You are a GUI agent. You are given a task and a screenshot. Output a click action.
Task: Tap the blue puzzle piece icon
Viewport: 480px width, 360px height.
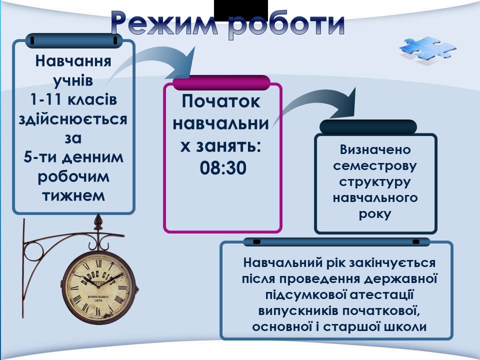[x=427, y=48]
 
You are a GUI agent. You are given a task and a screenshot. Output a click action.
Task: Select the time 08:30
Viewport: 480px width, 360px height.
[x=223, y=168]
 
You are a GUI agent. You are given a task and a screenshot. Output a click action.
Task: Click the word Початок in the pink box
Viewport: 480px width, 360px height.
[x=221, y=101]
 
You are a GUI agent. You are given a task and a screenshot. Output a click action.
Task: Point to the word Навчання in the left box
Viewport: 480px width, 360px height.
[x=73, y=61]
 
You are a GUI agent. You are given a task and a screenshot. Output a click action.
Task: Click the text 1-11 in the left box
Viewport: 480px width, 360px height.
[x=45, y=99]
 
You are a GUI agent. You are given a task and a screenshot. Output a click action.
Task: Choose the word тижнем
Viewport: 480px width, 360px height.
[x=73, y=196]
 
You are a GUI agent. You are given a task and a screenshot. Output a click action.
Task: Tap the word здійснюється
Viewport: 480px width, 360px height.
[x=73, y=119]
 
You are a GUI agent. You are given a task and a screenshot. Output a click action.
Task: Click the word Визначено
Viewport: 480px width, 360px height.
[x=375, y=149]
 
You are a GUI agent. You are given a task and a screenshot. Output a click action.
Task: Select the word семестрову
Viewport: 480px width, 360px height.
[x=375, y=166]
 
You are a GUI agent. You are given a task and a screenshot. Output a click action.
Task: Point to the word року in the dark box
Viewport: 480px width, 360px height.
[x=375, y=214]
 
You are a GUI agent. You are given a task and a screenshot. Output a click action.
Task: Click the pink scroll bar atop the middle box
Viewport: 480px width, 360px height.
[x=221, y=82]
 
